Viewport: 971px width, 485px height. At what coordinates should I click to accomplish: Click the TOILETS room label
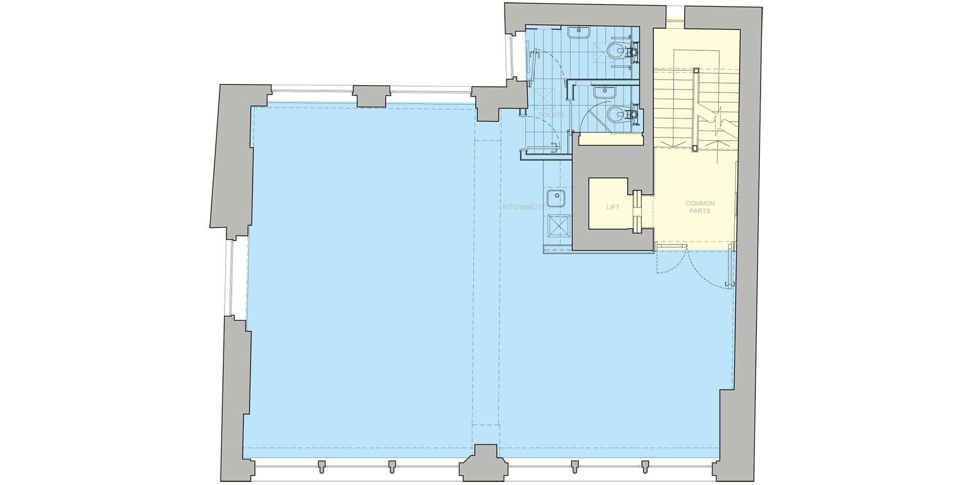pyautogui.click(x=551, y=115)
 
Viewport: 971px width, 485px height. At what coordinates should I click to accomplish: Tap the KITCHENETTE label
pyautogui.click(x=524, y=207)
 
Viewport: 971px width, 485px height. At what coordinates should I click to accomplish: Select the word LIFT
pyautogui.click(x=612, y=207)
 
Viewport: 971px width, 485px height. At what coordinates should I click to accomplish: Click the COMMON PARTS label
pyautogui.click(x=700, y=207)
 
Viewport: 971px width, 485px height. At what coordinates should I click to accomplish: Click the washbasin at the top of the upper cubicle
pyautogui.click(x=579, y=33)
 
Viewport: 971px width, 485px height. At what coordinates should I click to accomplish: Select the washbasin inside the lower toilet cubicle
pyautogui.click(x=605, y=92)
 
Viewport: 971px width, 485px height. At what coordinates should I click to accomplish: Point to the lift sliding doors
pyautogui.click(x=638, y=211)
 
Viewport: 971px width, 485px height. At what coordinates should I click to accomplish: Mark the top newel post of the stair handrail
pyautogui.click(x=696, y=71)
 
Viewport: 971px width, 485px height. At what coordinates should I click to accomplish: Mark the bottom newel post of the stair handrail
pyautogui.click(x=695, y=148)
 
